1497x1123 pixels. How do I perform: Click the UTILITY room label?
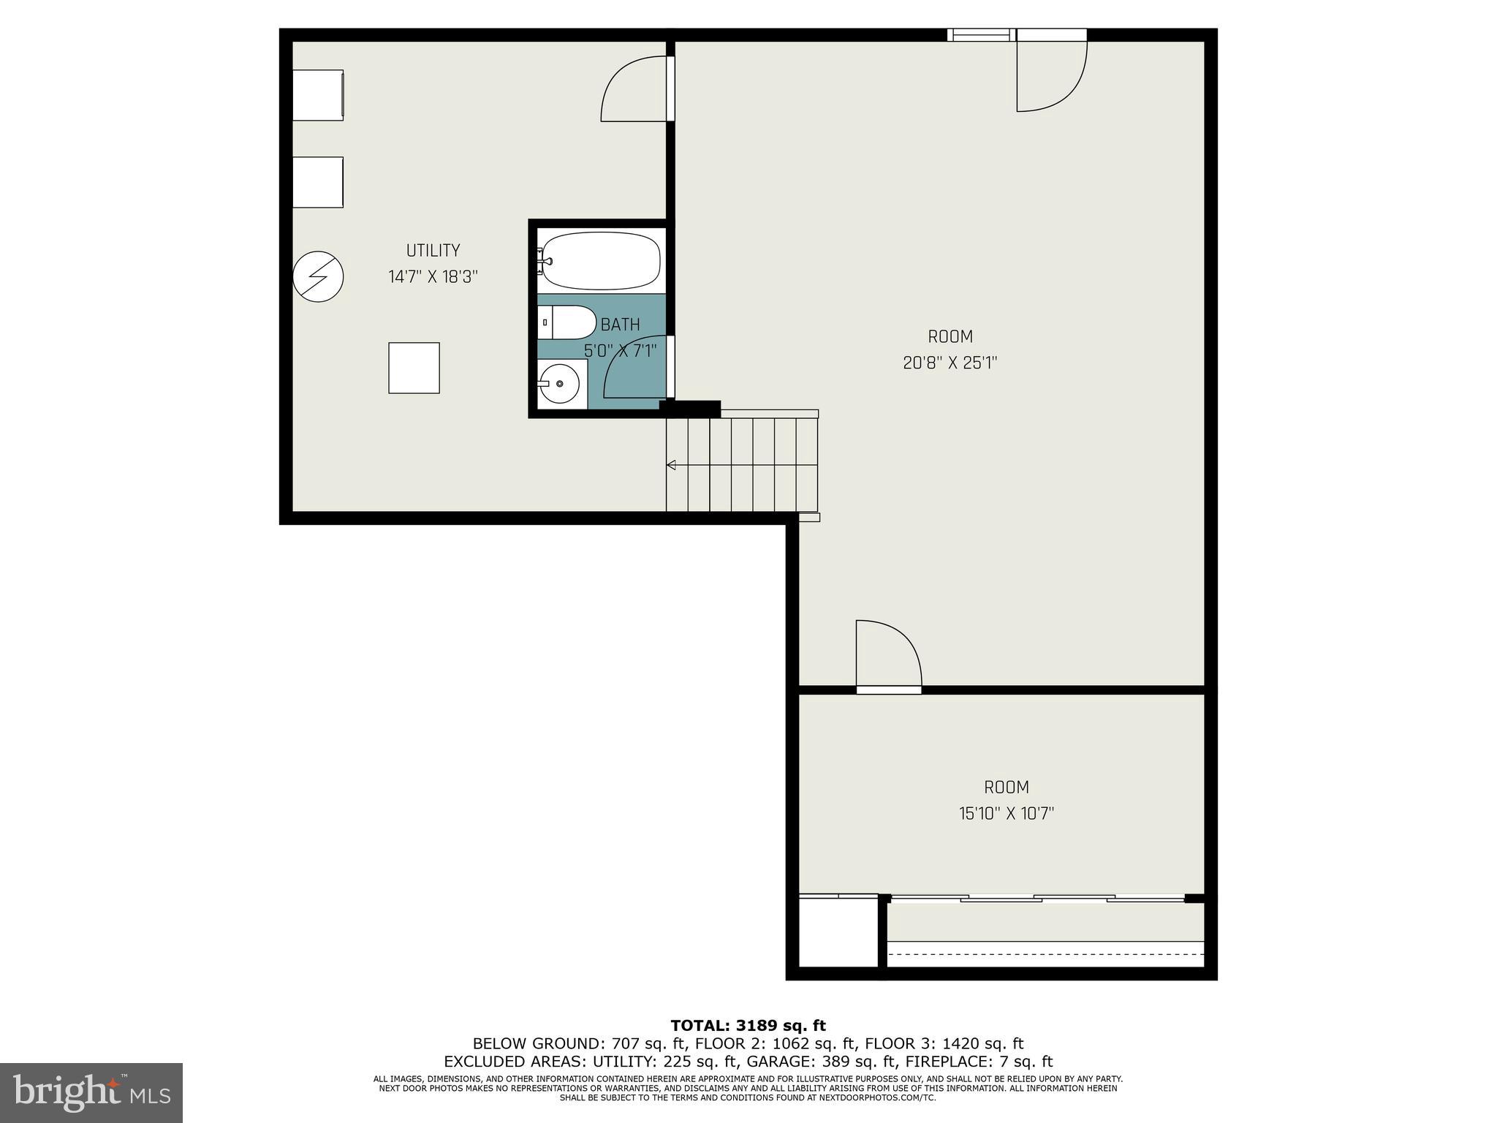click(433, 250)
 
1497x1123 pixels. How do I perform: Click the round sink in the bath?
click(560, 384)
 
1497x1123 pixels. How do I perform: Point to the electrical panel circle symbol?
click(318, 276)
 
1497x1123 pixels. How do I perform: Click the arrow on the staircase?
click(671, 465)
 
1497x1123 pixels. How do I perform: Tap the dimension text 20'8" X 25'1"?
click(950, 363)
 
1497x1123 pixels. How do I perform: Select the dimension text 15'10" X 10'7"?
click(1006, 813)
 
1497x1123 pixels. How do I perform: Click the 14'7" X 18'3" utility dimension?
click(433, 277)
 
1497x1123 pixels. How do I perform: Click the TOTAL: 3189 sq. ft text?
click(748, 1026)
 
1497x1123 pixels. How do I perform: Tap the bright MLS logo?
click(91, 1092)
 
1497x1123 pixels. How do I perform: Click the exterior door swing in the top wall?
click(1050, 77)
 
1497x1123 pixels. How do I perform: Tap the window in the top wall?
click(981, 34)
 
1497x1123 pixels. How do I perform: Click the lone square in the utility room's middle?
click(414, 368)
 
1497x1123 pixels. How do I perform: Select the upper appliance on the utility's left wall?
click(318, 95)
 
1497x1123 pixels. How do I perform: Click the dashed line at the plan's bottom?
click(1045, 954)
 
